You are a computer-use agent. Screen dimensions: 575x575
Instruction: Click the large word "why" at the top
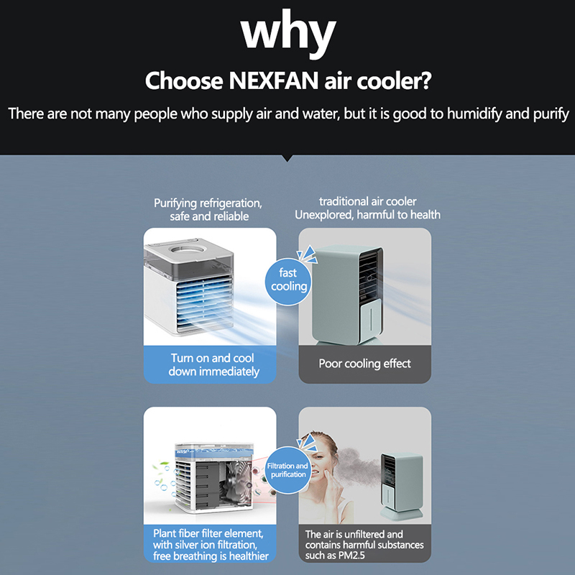288,33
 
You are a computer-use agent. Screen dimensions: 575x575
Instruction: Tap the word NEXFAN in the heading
274,80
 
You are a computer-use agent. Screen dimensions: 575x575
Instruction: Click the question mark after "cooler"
425,80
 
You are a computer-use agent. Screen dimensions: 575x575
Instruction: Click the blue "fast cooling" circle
288,282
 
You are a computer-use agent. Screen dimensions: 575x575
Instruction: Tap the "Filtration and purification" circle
287,470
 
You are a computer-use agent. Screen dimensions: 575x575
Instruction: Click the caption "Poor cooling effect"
365,364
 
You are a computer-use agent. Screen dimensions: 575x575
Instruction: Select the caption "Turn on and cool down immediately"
213,364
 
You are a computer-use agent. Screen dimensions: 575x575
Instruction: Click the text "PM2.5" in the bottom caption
351,556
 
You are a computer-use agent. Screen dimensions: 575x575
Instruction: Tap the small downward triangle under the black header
287,157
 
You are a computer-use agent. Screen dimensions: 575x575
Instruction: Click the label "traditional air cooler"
367,201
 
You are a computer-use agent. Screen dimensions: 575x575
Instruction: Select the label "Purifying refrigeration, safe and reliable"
208,209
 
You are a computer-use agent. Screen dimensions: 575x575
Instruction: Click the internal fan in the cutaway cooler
235,479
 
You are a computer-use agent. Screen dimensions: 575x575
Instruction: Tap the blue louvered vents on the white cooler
204,302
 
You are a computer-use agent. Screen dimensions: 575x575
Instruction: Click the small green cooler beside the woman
400,484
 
